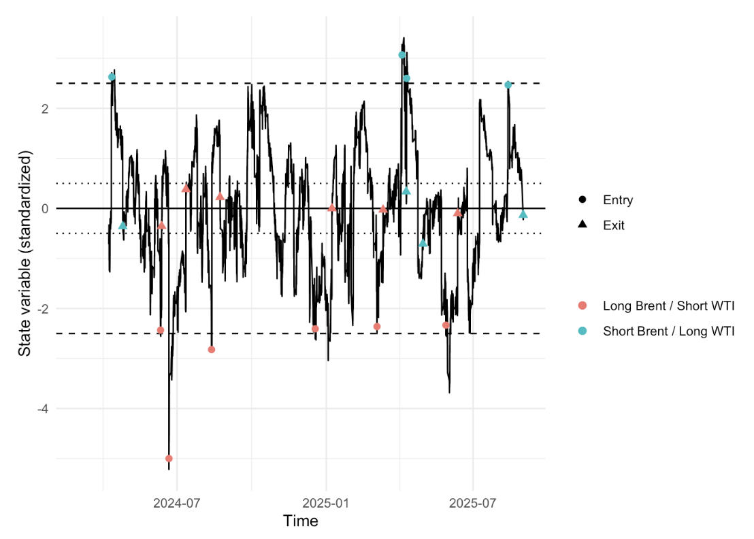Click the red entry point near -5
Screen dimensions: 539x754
click(169, 459)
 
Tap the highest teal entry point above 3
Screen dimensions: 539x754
click(402, 55)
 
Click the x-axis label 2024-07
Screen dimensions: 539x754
click(177, 504)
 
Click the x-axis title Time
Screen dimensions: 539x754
click(300, 522)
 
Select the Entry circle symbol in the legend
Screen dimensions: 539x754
click(583, 200)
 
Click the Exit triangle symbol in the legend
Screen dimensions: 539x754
click(583, 225)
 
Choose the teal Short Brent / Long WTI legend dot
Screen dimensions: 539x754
click(583, 331)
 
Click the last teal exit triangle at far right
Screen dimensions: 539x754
click(523, 214)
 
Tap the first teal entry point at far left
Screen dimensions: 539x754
click(112, 78)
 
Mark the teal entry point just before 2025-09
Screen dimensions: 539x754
click(508, 85)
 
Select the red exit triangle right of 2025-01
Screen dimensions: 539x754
click(332, 208)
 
